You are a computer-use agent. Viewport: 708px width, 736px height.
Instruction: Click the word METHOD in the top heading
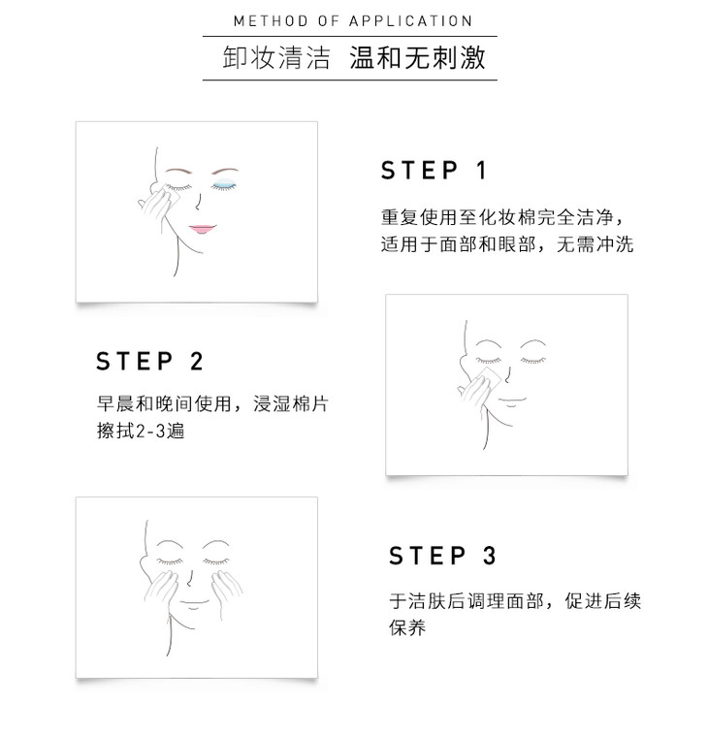pos(271,21)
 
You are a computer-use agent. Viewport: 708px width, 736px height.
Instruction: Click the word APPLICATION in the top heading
pos(410,21)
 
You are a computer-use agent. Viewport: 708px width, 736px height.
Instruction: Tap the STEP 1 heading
pos(434,170)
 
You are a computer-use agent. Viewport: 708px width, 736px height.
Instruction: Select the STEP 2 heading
pos(149,361)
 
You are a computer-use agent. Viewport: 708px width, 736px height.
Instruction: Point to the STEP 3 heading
pos(442,556)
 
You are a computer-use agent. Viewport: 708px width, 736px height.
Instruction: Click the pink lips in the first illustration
pos(203,229)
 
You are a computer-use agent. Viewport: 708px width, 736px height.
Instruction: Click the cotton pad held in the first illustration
pos(170,194)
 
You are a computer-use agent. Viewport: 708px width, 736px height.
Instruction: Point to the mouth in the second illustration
pos(512,400)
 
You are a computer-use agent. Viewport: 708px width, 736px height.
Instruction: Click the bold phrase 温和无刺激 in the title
pos(417,58)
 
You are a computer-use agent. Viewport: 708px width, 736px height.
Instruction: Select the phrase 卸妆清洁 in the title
pos(276,58)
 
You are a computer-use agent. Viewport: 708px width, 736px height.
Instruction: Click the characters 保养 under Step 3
pos(407,627)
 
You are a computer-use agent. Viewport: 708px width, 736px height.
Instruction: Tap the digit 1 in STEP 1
pos(482,170)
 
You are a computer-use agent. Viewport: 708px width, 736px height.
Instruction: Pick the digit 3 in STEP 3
pos(490,556)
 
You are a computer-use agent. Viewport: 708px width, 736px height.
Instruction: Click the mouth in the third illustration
pos(195,603)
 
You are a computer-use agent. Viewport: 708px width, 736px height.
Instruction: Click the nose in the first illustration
pos(199,202)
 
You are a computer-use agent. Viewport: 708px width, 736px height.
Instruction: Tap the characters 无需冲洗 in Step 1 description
pos(595,244)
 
